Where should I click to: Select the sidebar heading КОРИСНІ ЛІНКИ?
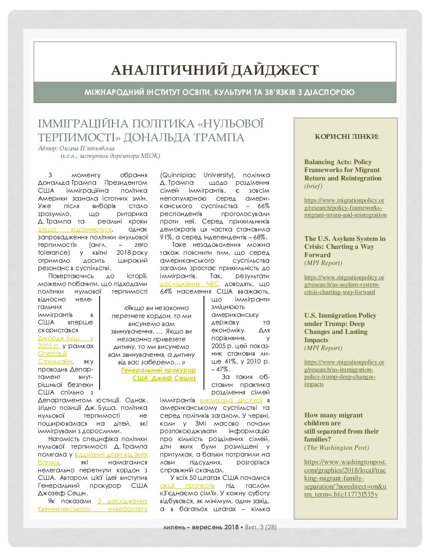[347, 137]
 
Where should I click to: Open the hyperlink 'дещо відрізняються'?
[75, 229]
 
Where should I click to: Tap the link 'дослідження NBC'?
[189, 284]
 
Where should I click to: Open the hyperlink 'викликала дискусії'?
[231, 400]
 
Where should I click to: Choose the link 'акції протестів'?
[187, 485]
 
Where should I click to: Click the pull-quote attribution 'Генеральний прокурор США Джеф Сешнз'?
[158, 374]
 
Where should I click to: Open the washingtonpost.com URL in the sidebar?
[345, 478]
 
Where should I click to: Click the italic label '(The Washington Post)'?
[336, 447]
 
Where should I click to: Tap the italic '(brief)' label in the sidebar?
[313, 186]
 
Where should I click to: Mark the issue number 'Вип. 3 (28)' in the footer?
[260, 527]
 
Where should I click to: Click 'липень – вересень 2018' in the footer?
[201, 527]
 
